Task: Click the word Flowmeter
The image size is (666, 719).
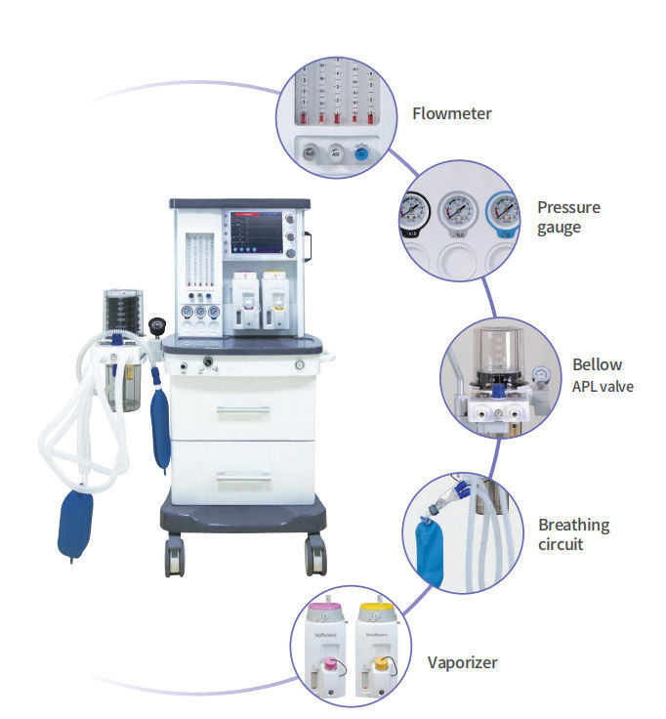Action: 451,113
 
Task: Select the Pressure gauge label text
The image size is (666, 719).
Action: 568,217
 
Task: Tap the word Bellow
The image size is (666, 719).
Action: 597,364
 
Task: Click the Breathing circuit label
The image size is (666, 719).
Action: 573,533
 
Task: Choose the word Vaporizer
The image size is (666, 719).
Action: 462,662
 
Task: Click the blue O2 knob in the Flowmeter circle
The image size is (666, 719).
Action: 362,152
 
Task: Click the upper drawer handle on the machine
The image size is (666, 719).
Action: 242,410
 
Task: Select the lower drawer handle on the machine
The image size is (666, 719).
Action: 242,477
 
